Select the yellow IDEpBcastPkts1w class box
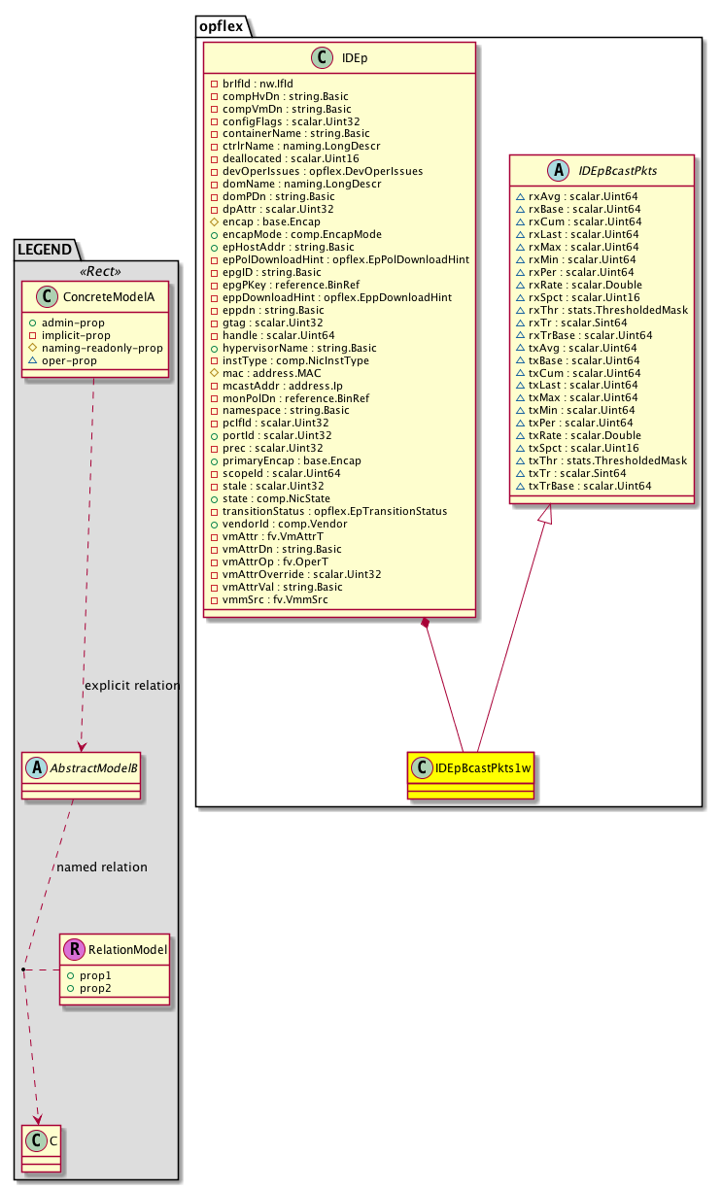click(472, 773)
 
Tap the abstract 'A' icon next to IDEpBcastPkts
click(559, 171)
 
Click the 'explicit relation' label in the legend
click(132, 685)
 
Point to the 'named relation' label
click(102, 867)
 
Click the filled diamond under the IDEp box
click(425, 623)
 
